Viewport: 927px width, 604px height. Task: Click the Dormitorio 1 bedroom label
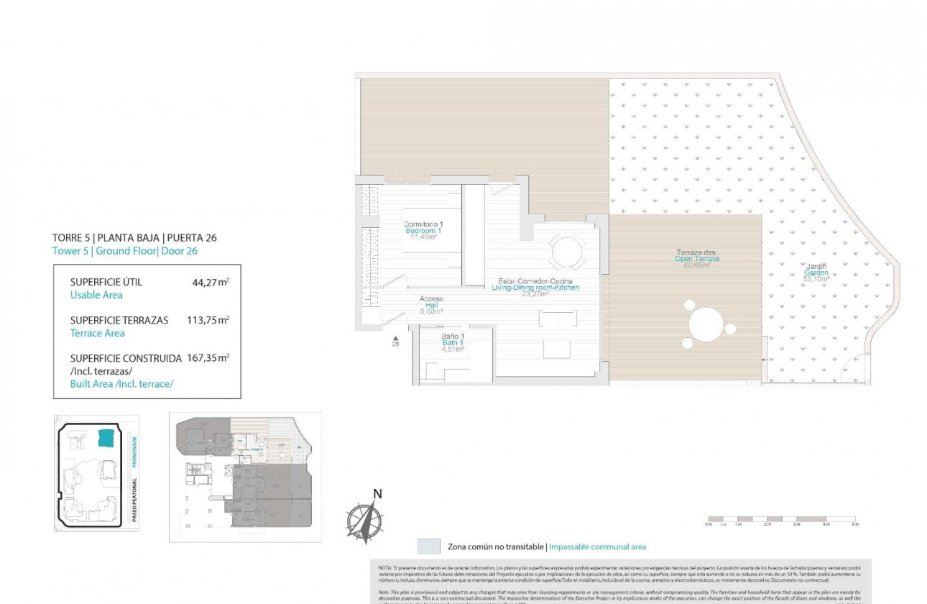423,230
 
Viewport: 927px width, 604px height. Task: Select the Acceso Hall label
431,305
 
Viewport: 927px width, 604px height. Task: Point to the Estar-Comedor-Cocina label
535,287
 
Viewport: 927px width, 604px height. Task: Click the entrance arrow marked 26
395,338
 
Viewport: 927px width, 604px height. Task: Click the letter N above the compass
377,493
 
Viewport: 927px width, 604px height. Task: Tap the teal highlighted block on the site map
106,438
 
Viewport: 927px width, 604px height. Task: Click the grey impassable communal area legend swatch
428,546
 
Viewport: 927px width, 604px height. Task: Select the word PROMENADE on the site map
134,452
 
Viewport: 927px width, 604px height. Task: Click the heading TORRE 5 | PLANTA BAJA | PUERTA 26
134,237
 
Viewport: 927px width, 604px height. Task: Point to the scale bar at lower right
781,518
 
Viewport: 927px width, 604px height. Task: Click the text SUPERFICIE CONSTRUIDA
126,357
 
